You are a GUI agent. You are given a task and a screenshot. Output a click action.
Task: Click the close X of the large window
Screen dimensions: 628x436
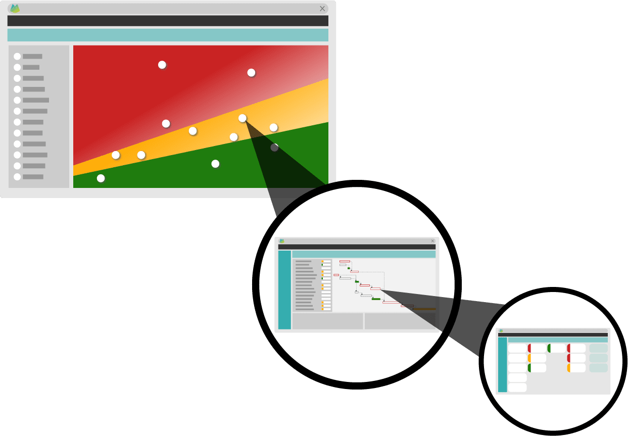point(322,9)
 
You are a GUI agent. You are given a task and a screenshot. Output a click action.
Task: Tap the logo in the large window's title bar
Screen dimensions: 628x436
point(15,9)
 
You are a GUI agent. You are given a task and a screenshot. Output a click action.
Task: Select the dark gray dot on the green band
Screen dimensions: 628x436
point(274,148)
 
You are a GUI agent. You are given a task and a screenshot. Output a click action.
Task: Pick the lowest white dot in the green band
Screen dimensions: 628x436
point(101,178)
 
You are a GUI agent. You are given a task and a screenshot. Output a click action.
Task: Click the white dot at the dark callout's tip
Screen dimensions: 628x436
point(243,118)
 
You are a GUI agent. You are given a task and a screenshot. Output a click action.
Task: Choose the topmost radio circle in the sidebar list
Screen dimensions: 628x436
point(17,57)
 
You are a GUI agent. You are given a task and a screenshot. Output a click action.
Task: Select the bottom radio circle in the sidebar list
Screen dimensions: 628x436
point(17,177)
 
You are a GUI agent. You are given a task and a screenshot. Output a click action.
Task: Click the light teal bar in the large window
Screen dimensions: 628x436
point(168,35)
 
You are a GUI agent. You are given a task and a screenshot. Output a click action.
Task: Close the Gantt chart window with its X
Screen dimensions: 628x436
point(432,241)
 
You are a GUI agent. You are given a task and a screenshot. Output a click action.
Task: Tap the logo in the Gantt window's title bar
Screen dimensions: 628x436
point(282,241)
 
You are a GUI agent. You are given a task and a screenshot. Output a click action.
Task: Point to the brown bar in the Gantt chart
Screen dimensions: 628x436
point(424,309)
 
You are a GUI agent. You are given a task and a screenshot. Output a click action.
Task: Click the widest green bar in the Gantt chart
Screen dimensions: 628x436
point(376,299)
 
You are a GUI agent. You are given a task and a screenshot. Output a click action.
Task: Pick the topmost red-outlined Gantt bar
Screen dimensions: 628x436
point(345,261)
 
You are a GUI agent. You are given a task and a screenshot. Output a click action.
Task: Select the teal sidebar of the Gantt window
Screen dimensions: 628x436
point(284,289)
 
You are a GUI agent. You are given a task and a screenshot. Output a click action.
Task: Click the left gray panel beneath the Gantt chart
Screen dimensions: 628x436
point(327,321)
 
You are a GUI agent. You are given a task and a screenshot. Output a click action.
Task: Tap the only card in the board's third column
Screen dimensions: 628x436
point(557,348)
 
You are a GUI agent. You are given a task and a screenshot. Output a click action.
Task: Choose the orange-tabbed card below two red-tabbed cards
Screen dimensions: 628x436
point(576,368)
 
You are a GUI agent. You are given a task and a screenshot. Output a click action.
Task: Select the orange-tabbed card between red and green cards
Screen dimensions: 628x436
point(537,358)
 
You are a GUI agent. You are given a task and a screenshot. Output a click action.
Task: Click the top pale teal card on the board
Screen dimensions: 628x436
point(599,348)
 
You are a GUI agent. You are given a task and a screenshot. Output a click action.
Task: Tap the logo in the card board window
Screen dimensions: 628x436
point(501,330)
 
